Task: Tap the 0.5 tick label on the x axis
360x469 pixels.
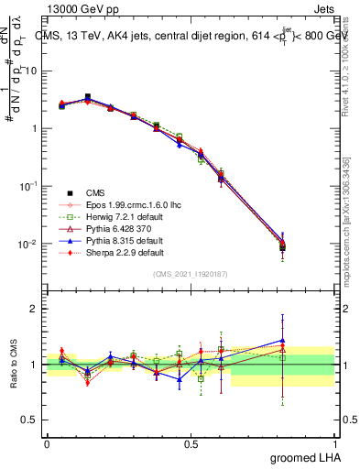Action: (191, 442)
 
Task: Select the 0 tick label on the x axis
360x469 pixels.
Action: (47, 442)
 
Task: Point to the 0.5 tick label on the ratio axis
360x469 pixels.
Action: (29, 420)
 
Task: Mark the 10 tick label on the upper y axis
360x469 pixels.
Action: (29, 71)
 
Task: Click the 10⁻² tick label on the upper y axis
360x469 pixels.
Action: (28, 244)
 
